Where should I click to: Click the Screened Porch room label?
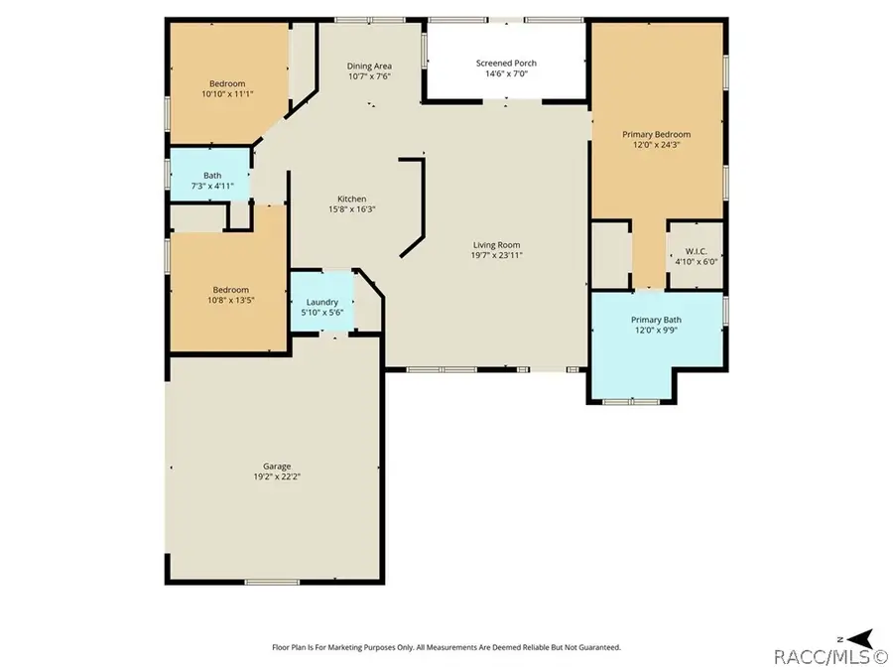coord(506,64)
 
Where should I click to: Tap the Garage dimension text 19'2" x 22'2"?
coord(277,476)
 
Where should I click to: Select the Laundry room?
coord(322,301)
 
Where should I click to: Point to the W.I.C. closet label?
coord(696,251)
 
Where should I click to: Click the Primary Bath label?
coord(656,321)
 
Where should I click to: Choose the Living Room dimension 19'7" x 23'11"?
coord(497,255)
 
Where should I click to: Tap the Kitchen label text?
coord(352,199)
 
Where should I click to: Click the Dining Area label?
coord(369,67)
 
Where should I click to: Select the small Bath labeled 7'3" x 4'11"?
coord(210,175)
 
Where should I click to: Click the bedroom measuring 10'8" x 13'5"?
coord(229,291)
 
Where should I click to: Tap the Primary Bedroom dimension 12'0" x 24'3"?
coord(657,145)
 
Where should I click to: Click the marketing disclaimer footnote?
coord(446,647)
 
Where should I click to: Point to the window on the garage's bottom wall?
coord(272,582)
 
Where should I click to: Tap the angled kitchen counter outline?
coord(415,208)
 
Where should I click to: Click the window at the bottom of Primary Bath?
coord(631,402)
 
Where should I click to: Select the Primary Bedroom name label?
coord(656,134)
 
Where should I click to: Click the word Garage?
coord(277,467)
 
